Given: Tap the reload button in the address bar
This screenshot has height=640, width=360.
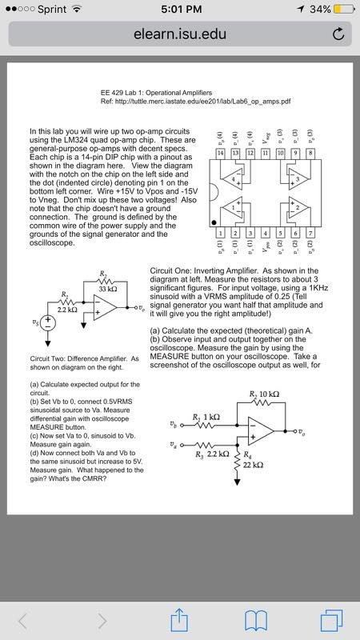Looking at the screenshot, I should pyautogui.click(x=338, y=34).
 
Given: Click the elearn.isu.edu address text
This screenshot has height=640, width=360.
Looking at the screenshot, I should pyautogui.click(x=180, y=34).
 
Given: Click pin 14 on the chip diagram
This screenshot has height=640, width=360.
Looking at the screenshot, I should pyautogui.click(x=220, y=152).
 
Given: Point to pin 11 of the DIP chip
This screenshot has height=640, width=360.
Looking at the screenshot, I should pyautogui.click(x=265, y=152).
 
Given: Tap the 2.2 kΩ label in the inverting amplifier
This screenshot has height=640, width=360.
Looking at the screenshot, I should pyautogui.click(x=66, y=310).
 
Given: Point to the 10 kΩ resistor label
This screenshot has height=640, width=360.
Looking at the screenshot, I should pyautogui.click(x=264, y=395).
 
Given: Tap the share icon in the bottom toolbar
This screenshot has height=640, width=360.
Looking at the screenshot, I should pyautogui.click(x=180, y=618).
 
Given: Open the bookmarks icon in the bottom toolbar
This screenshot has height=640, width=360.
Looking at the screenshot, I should pyautogui.click(x=255, y=618).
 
